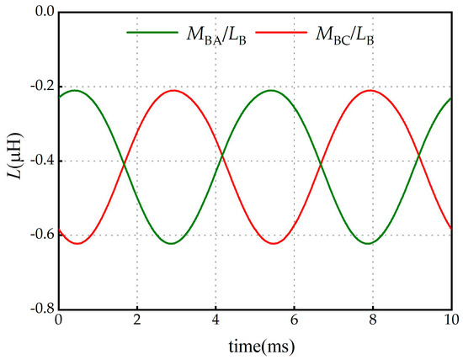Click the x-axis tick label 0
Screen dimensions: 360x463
point(58,320)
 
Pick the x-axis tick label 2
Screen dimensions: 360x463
point(136,320)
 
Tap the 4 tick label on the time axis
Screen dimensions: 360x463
point(216,320)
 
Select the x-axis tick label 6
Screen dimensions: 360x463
point(294,320)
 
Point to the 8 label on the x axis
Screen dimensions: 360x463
point(373,320)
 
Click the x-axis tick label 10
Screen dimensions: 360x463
point(451,320)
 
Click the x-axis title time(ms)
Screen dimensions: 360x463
point(254,345)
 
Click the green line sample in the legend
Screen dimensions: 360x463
point(146,33)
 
